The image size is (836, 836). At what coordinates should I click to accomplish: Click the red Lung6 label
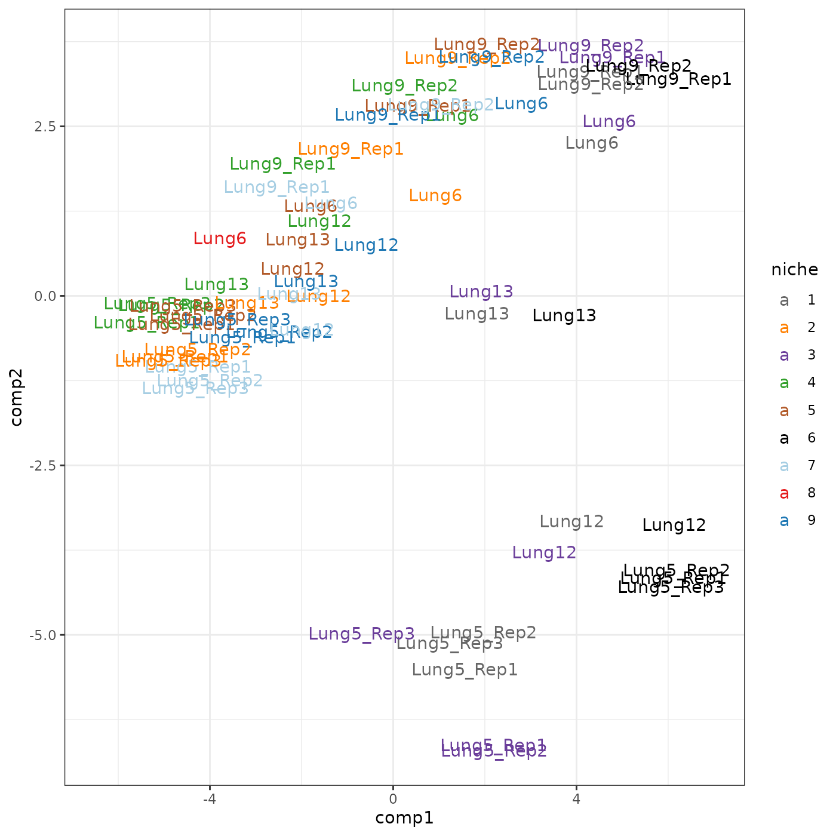pos(220,239)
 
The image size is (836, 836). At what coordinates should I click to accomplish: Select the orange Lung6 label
pos(435,196)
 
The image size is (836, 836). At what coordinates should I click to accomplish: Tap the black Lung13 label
pos(564,316)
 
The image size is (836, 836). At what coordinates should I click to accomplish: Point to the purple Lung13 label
pos(481,292)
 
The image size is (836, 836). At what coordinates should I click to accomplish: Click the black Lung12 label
pos(674,525)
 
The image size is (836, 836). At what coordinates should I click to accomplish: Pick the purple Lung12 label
pos(545,553)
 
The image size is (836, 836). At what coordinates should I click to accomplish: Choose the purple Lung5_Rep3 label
pos(362,634)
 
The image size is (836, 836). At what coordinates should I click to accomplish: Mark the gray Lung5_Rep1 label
pos(465,670)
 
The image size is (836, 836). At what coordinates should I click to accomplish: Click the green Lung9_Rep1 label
pos(282,164)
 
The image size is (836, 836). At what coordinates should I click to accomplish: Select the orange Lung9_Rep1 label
pos(351,149)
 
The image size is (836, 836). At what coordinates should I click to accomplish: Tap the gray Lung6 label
pos(592,143)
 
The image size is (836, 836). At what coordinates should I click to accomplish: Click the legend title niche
pos(794,270)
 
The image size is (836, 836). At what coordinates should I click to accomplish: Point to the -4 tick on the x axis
pos(209,798)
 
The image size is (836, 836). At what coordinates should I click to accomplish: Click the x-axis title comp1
pos(404,818)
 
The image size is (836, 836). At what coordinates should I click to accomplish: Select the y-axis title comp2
pos(17,397)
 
